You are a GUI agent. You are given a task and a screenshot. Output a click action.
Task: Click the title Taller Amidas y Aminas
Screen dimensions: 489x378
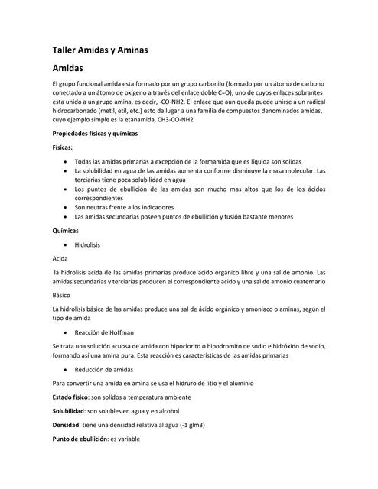tap(99, 50)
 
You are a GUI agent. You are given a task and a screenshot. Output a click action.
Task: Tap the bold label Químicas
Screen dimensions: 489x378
tap(67, 230)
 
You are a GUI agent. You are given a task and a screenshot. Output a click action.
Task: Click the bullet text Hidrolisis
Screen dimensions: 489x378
tap(87, 244)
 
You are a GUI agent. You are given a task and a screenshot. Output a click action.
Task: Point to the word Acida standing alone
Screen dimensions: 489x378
tap(60, 258)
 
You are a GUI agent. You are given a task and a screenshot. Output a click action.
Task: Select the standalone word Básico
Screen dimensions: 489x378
tap(62, 294)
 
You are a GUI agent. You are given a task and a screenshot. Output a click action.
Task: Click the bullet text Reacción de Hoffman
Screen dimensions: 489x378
tap(104, 333)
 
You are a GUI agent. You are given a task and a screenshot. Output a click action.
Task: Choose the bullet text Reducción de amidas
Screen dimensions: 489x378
tap(105, 369)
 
